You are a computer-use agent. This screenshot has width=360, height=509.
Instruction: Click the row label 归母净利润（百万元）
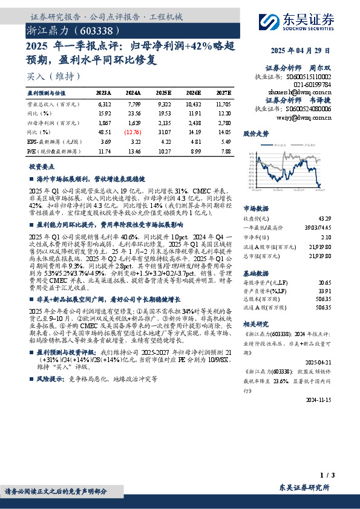pos(51,122)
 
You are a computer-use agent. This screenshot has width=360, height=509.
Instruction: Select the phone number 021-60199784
pos(312,85)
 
